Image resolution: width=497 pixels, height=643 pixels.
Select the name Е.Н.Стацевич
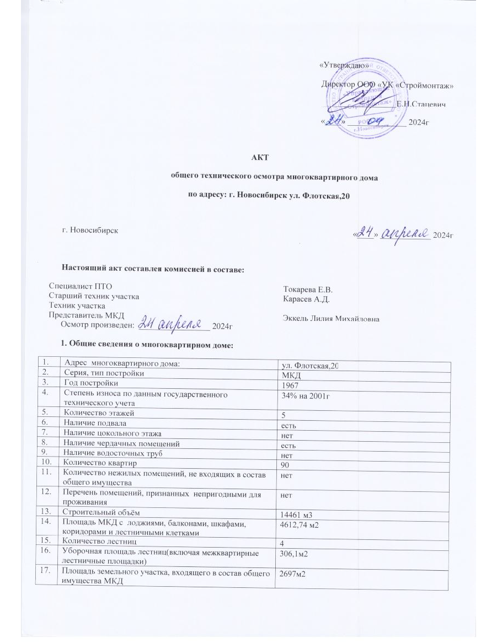421,104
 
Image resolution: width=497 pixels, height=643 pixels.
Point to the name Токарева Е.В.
308,289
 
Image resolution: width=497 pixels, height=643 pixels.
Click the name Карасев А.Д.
306,298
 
